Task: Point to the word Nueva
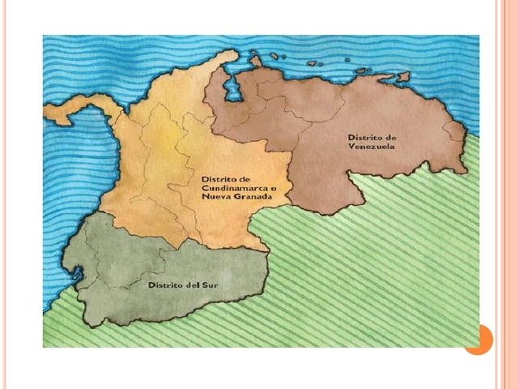tap(214, 197)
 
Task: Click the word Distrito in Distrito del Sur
tap(163, 286)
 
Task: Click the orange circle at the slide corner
tap(478, 338)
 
